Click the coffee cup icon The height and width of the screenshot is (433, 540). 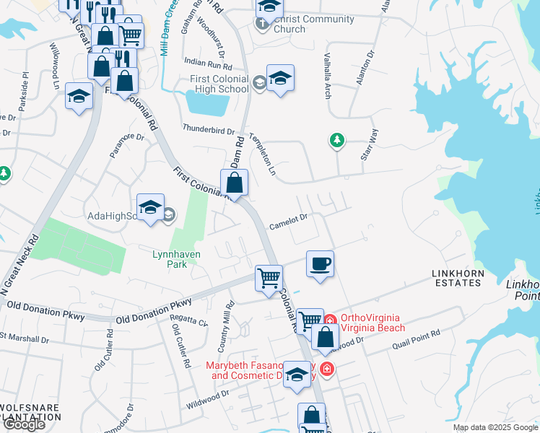pyautogui.click(x=320, y=263)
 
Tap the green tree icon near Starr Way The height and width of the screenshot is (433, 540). pyautogui.click(x=336, y=139)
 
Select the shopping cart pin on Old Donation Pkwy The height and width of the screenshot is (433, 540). pyautogui.click(x=269, y=276)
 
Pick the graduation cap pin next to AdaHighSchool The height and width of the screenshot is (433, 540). pyautogui.click(x=150, y=208)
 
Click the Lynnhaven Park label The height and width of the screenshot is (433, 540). pyautogui.click(x=176, y=259)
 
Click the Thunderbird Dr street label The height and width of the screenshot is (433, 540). pyautogui.click(x=209, y=131)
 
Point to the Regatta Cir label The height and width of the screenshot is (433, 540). pyautogui.click(x=189, y=320)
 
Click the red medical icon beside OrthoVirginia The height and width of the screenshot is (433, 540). pyautogui.click(x=330, y=320)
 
